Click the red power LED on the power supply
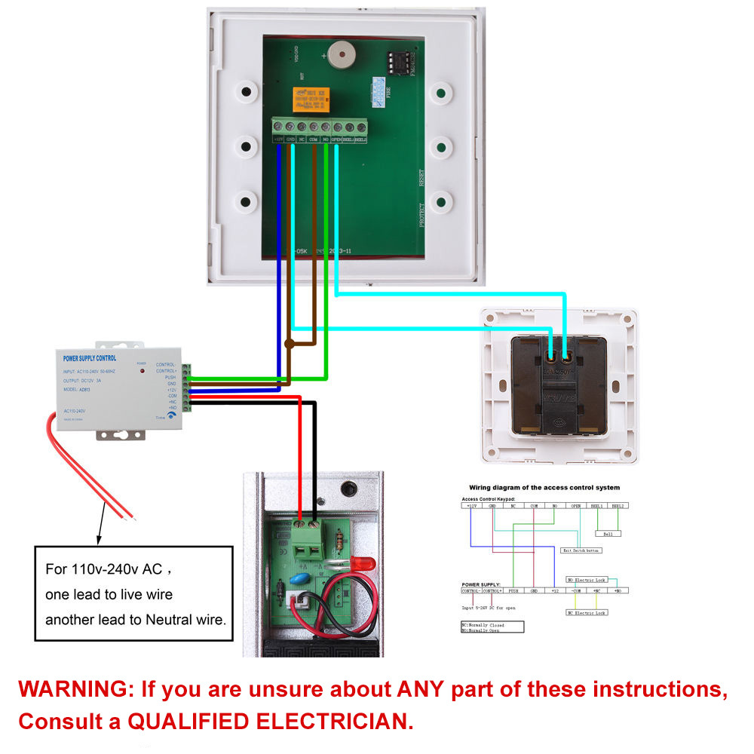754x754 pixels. pos(141,372)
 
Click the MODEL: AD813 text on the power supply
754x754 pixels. pos(79,390)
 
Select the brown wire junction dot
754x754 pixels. pos(289,343)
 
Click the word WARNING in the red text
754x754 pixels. pos(72,689)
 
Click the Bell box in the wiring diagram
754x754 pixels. pos(608,533)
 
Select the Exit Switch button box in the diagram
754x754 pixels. pos(582,551)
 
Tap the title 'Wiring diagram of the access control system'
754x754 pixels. pos(544,488)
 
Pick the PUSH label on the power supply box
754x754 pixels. pos(170,377)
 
